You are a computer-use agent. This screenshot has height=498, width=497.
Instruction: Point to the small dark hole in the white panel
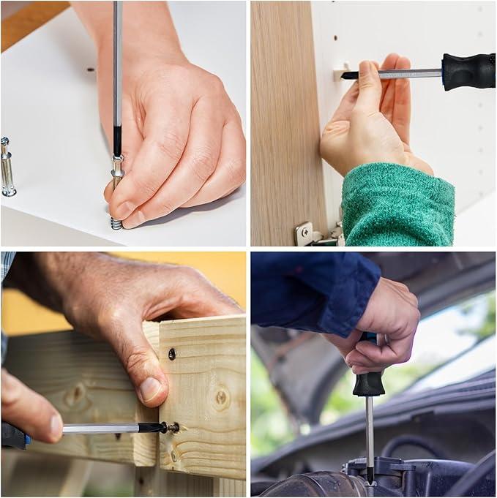click(91, 70)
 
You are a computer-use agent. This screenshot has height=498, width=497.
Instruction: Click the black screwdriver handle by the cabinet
click(468, 71)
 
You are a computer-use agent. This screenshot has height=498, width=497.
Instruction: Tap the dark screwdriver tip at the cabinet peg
click(348, 75)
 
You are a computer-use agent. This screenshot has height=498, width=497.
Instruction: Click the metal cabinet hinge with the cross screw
click(307, 234)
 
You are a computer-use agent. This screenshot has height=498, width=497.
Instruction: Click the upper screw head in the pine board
click(172, 354)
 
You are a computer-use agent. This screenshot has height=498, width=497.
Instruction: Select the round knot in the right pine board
click(219, 398)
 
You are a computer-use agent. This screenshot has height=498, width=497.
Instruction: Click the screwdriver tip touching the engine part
click(370, 475)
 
